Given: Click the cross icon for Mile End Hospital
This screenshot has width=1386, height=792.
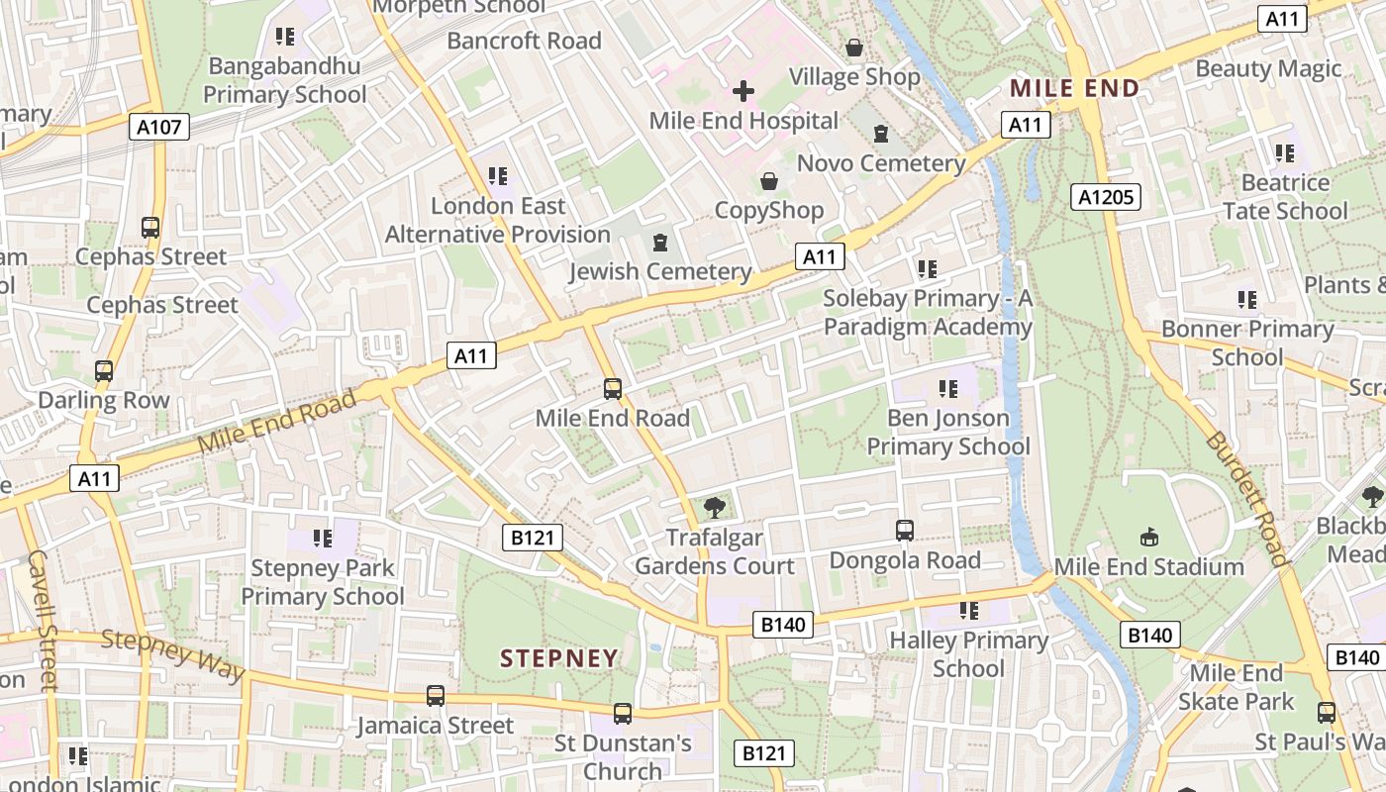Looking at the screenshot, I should (742, 92).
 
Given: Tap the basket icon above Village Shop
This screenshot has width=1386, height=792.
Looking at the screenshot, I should (853, 48).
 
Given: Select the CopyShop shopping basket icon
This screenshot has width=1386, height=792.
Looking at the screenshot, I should (768, 181).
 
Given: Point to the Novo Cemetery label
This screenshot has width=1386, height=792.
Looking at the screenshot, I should (880, 163).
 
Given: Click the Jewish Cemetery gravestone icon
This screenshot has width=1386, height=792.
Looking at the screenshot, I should (660, 243).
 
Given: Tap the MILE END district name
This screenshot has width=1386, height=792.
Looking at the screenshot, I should (1074, 89).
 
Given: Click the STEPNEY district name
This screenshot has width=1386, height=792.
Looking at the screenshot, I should (558, 658).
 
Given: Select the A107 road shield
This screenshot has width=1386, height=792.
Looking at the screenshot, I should (158, 126).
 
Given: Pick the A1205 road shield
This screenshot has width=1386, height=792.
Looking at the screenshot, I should (1106, 197).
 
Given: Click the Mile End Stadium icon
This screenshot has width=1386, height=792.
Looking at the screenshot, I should (1148, 538).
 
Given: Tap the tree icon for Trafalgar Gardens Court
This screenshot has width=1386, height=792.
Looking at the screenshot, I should (713, 508).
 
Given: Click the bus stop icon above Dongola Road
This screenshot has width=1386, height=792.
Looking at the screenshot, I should (904, 531).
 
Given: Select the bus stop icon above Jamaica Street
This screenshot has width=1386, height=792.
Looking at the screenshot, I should (435, 696).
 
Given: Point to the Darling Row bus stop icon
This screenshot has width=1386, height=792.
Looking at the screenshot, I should (104, 371).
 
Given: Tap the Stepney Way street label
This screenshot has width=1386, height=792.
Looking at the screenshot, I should (173, 654).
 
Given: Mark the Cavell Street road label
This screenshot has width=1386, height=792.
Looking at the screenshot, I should (41, 619).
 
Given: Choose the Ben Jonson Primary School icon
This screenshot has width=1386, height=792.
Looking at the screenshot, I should (947, 389).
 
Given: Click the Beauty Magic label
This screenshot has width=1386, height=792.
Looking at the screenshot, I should (1268, 68).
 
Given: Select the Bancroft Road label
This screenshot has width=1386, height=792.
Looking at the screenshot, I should (524, 41).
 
